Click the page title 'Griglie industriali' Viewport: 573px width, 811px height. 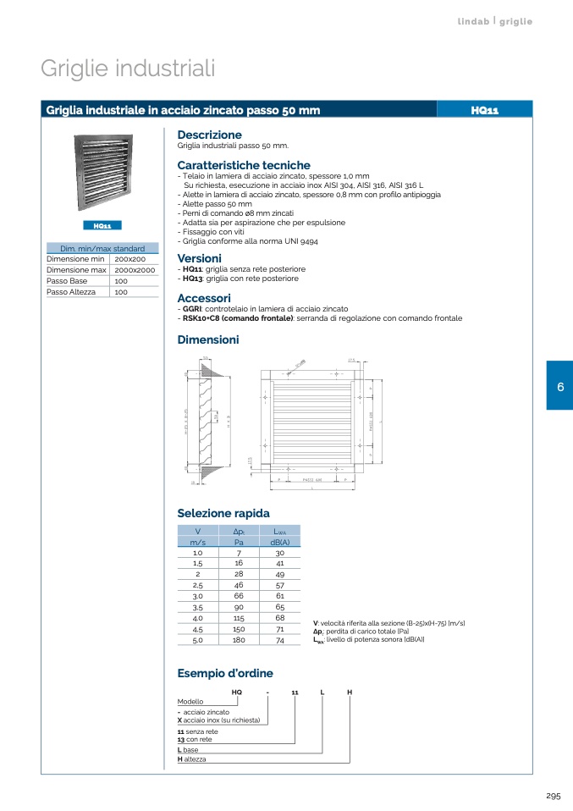point(128,69)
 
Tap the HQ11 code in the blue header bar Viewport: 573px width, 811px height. point(484,109)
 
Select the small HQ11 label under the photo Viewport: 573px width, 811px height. point(102,226)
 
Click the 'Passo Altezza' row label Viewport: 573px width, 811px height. point(70,291)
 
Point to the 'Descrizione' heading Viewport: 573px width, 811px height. point(209,135)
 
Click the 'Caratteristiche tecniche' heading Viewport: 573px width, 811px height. point(244,165)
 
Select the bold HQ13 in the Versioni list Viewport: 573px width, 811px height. point(191,279)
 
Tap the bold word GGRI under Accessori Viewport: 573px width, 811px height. point(190,309)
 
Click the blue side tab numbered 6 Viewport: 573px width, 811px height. point(559,386)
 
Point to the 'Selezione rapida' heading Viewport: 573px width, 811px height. point(223,513)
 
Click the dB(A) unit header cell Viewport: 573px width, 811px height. point(279,542)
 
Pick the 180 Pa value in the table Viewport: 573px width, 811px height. point(239,641)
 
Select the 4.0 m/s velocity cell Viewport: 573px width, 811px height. point(197,619)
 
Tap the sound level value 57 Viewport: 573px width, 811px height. point(279,586)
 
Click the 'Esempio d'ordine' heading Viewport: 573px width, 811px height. point(225,673)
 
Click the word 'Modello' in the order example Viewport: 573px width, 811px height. point(190,702)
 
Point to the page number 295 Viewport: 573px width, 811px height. point(554,796)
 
